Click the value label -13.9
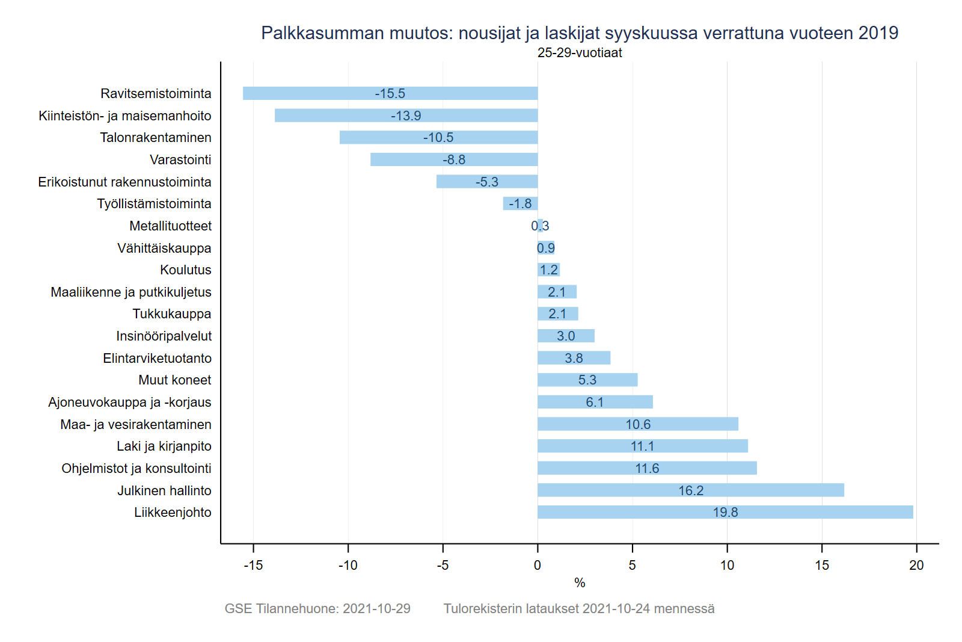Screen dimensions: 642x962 406,116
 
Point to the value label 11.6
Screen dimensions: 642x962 647,468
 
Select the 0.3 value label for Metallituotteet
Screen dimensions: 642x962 540,226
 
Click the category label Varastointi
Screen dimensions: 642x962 180,159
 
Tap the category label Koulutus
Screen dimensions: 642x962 185,270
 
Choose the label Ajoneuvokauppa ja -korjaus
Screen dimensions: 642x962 130,402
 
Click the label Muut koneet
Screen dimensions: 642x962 174,380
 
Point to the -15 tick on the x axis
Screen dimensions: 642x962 253,565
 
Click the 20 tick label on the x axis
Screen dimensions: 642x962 916,565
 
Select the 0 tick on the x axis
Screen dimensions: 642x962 538,565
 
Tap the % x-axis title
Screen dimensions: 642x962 580,582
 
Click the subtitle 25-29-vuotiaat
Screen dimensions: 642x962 580,53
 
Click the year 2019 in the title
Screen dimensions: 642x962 878,33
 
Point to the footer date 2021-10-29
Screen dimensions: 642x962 376,608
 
